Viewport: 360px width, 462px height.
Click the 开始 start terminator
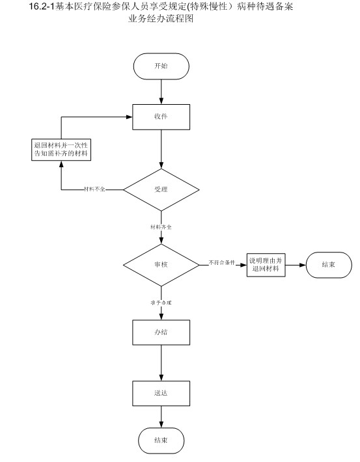pos(161,66)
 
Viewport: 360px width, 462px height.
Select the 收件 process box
pos(161,117)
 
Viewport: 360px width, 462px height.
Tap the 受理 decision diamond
pos(161,190)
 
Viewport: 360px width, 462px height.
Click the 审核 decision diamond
pos(161,265)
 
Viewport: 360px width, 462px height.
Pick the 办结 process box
pos(161,333)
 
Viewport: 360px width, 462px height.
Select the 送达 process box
pos(161,393)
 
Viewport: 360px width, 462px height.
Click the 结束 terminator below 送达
pos(161,441)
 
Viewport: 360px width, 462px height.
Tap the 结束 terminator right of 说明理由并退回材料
pos(329,265)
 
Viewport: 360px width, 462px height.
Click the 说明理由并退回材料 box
pos(266,265)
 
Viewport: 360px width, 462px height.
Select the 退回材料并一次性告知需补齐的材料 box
pos(61,150)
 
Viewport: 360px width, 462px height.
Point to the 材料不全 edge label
pos(94,189)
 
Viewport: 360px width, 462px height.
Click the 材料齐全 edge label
pos(161,227)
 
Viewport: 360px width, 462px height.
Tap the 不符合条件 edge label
pos(222,262)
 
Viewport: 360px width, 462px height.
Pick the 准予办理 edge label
pos(161,303)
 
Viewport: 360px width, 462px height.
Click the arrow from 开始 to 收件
pos(161,92)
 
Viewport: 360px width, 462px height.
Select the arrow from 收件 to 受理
pos(161,149)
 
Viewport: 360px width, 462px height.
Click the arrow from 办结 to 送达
pos(161,363)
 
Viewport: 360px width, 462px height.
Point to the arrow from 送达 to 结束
pos(161,417)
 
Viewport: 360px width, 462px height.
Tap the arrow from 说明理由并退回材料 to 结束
pos(296,265)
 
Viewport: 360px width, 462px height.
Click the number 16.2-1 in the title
pos(42,7)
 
